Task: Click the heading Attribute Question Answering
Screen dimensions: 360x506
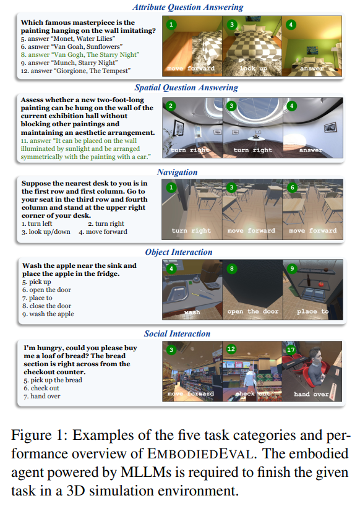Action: click(188, 7)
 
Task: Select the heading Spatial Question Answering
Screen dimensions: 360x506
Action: click(186, 87)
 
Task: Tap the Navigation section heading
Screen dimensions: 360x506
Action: click(177, 172)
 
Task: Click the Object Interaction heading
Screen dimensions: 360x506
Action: click(178, 252)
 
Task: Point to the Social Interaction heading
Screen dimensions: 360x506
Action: click(177, 333)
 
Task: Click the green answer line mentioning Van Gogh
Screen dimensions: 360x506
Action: click(80, 54)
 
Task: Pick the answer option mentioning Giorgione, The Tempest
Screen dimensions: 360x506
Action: click(76, 71)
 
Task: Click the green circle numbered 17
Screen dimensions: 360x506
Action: click(291, 350)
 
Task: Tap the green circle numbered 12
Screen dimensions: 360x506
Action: click(231, 349)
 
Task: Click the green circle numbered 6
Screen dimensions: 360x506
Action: click(292, 187)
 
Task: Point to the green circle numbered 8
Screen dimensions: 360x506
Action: click(231, 269)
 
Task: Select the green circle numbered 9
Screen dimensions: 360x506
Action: click(292, 268)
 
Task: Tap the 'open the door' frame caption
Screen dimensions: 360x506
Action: click(252, 311)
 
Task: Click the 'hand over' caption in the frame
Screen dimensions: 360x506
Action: click(311, 394)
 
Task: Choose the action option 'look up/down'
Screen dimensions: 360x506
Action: click(46, 232)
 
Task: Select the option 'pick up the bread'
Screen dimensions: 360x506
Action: click(53, 380)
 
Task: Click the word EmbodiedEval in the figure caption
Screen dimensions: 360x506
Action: click(200, 453)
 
